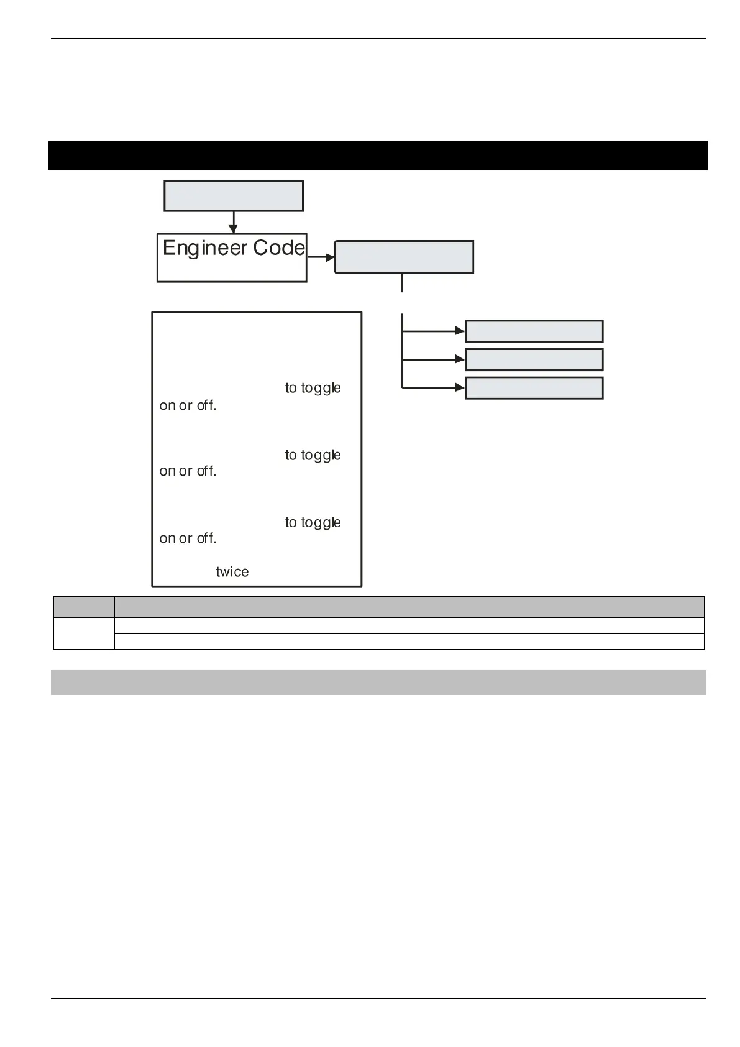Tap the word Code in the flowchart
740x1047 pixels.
tap(279, 248)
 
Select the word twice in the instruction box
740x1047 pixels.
tap(232, 572)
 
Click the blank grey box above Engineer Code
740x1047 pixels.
tap(233, 196)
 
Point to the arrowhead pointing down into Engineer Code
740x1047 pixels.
tap(233, 229)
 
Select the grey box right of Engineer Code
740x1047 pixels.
tap(404, 257)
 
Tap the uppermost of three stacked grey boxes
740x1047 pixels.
tap(534, 331)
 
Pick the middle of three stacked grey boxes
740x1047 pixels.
tap(534, 359)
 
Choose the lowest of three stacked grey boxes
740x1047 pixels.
tap(534, 388)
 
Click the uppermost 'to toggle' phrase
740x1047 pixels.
tap(313, 389)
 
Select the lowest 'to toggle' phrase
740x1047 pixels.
tap(313, 523)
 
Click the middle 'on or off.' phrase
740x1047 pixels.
tap(188, 471)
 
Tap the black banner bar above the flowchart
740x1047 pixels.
tap(378, 155)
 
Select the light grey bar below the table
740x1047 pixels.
tap(378, 682)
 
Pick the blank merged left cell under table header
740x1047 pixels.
tap(84, 634)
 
